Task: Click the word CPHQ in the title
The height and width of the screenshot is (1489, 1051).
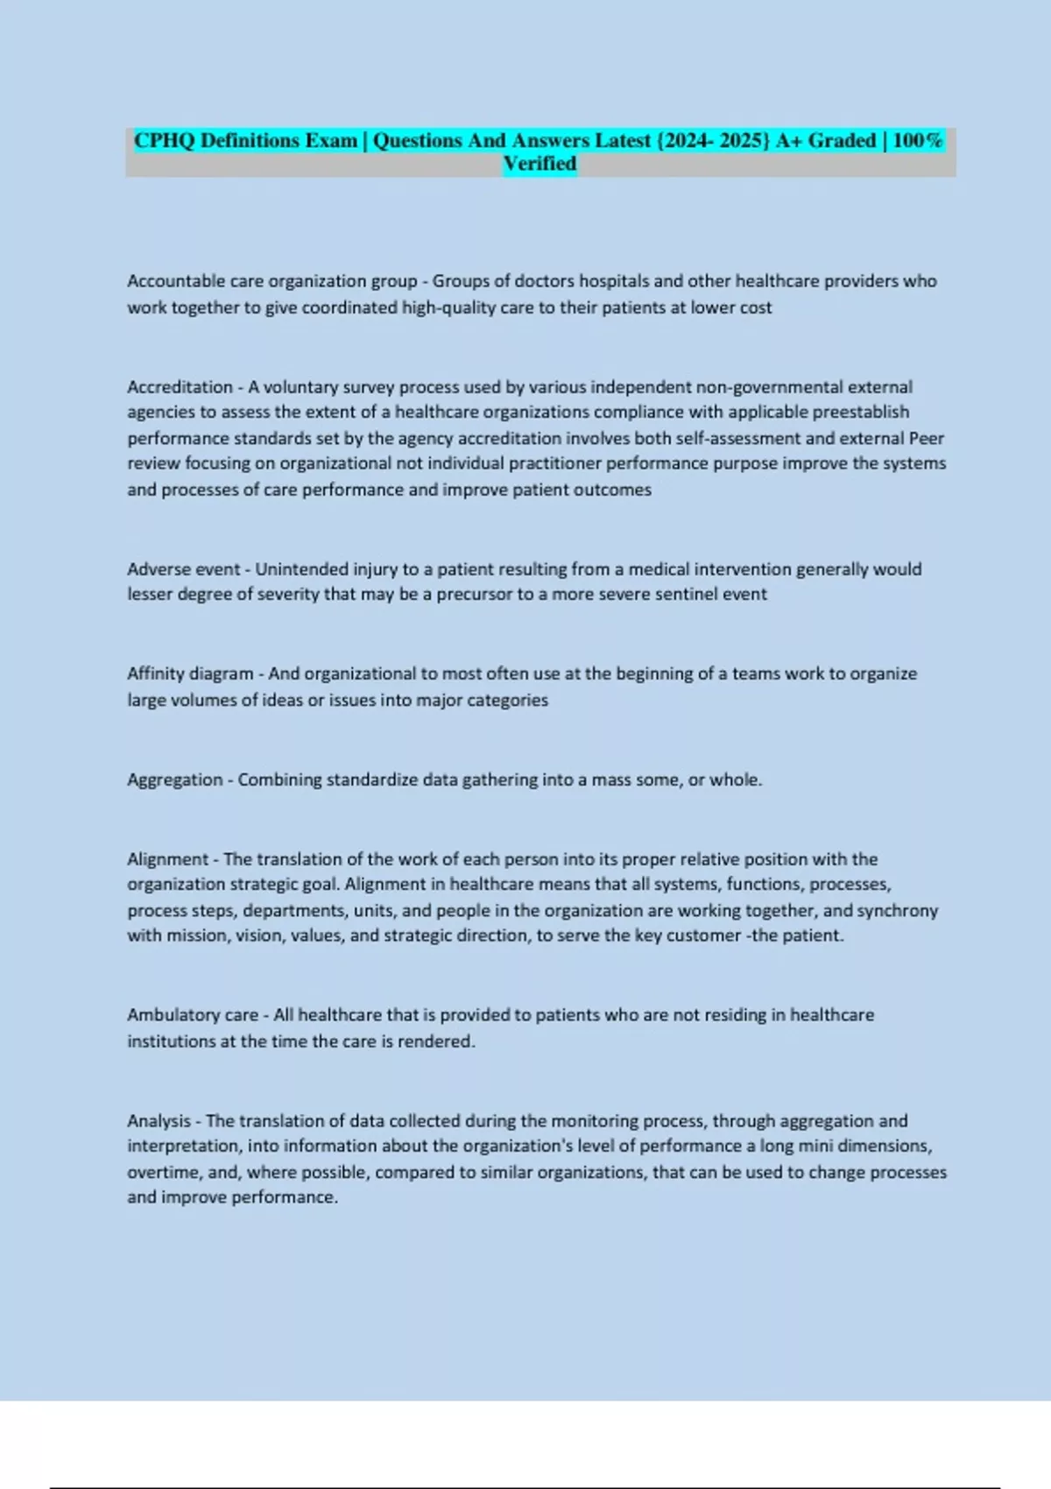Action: point(164,140)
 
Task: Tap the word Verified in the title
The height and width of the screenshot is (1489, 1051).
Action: point(540,164)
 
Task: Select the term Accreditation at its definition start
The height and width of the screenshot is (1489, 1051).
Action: point(180,386)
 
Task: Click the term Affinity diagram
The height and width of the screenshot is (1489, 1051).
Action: point(190,674)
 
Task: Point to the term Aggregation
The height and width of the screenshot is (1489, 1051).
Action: point(174,780)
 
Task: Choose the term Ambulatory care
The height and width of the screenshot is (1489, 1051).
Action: point(193,1014)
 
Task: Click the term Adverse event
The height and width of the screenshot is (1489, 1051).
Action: point(183,568)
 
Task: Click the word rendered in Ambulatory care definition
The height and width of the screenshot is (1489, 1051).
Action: point(435,1041)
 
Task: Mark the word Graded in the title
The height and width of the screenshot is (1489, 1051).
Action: point(842,140)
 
